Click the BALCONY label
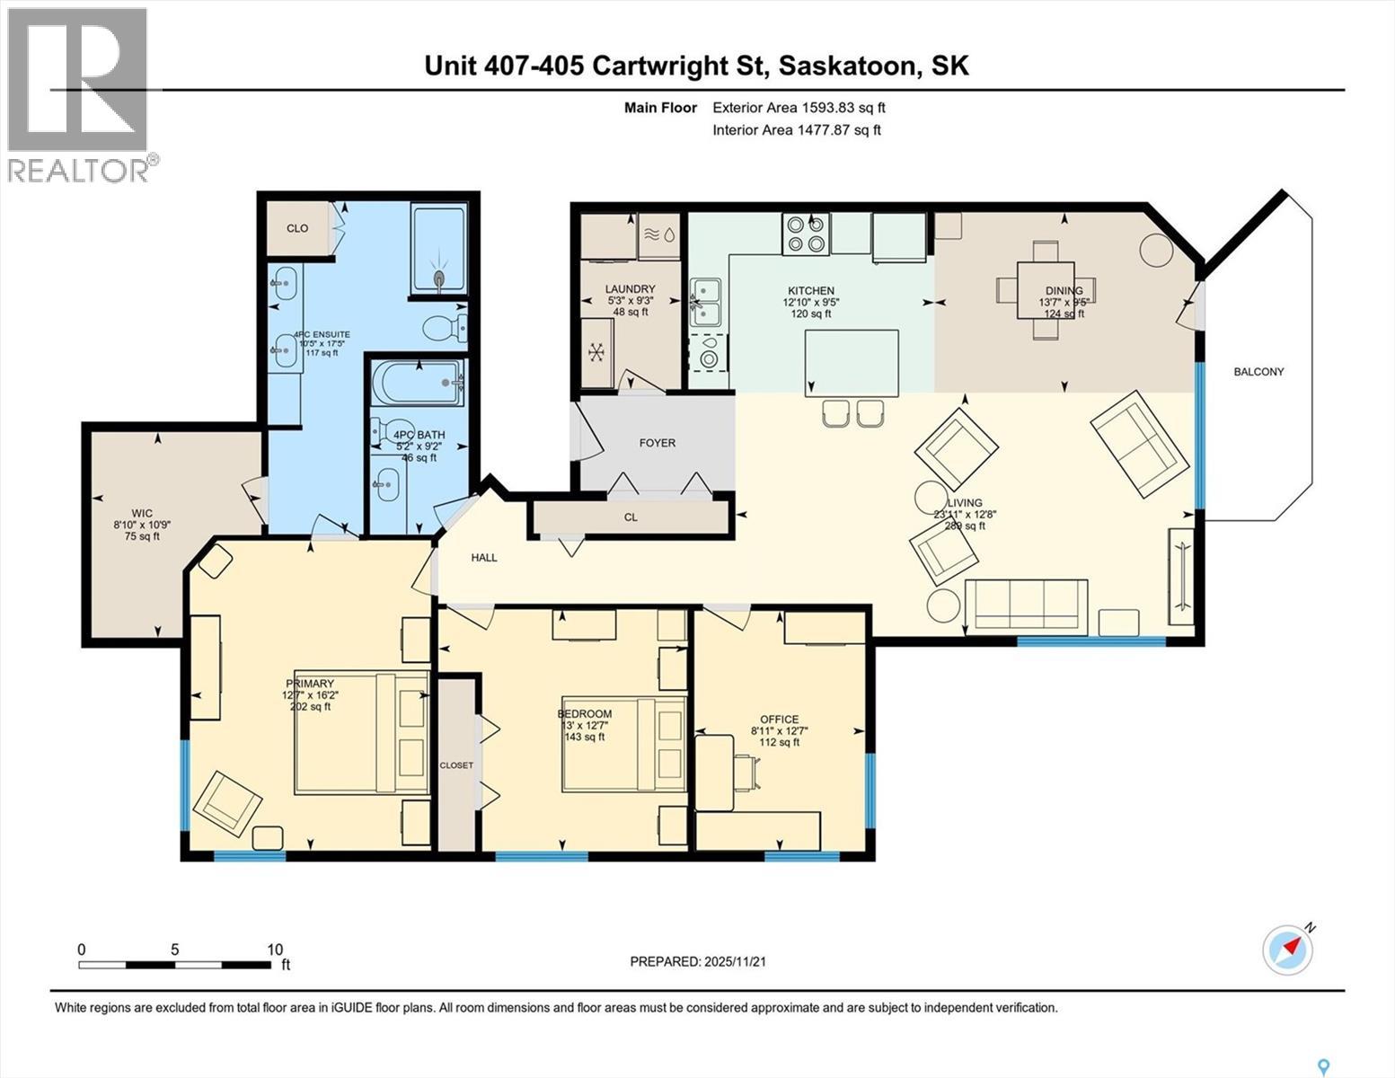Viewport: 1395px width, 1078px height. tap(1258, 372)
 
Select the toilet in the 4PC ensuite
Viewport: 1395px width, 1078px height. tap(445, 328)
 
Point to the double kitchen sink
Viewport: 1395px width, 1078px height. tap(705, 301)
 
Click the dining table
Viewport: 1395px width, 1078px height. tap(1046, 290)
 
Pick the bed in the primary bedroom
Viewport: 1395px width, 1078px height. tap(361, 732)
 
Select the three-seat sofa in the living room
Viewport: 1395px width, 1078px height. tap(1026, 605)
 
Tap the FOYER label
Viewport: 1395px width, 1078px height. tap(657, 443)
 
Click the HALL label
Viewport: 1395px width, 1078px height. tap(484, 558)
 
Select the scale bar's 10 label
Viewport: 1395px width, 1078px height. tap(275, 950)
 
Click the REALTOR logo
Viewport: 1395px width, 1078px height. tap(79, 94)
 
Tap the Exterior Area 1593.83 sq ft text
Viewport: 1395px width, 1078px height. tap(799, 108)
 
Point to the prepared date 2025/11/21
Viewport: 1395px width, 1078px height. tap(734, 961)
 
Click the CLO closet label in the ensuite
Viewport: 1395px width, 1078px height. tap(297, 228)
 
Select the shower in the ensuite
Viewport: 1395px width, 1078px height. tap(439, 249)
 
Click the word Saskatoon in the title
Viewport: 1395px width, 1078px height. tap(847, 66)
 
